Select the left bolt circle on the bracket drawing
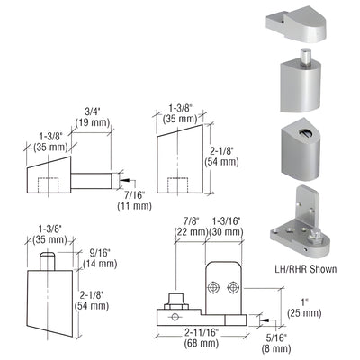pyautogui.click(x=216, y=287)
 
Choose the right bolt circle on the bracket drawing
pyautogui.click(x=233, y=287)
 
